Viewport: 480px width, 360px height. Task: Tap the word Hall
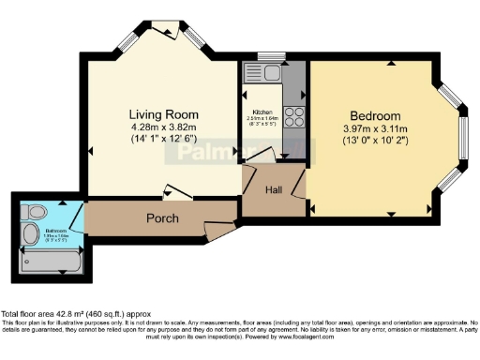[274, 190]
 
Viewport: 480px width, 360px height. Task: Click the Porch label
[163, 219]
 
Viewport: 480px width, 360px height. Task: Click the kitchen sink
[262, 73]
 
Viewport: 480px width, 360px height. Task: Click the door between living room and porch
[175, 191]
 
